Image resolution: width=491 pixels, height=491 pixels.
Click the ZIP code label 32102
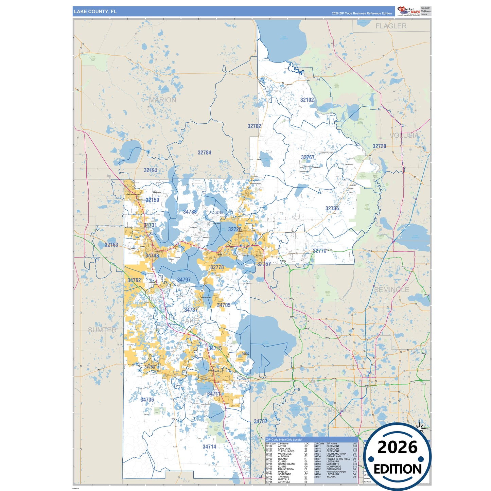(x=307, y=100)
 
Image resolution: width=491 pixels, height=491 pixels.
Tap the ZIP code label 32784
(x=205, y=153)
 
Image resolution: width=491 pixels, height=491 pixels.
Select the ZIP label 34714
(x=209, y=447)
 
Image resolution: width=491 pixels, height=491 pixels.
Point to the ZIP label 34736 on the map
(x=147, y=400)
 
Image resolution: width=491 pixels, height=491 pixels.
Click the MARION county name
(x=163, y=100)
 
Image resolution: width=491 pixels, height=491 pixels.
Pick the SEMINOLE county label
(x=391, y=290)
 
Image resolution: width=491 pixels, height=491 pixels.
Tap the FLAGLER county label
(x=391, y=26)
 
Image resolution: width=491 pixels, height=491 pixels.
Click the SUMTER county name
(x=102, y=330)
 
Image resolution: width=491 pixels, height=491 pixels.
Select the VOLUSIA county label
(x=404, y=136)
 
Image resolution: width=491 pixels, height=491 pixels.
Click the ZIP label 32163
(x=111, y=245)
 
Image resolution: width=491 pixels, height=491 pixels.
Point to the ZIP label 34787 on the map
(x=261, y=421)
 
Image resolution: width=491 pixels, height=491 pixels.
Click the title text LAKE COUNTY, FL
(x=95, y=12)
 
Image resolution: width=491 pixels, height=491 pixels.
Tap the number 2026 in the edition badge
(x=397, y=447)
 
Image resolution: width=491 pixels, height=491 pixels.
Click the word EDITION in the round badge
(x=397, y=469)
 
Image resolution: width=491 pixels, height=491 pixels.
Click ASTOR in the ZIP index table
(x=282, y=446)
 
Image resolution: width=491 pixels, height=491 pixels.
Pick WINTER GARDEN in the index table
(x=336, y=472)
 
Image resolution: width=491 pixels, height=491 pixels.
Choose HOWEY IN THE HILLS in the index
(x=338, y=459)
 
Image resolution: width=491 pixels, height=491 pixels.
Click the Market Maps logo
(x=409, y=11)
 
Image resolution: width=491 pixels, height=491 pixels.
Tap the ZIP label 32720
(x=379, y=146)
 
